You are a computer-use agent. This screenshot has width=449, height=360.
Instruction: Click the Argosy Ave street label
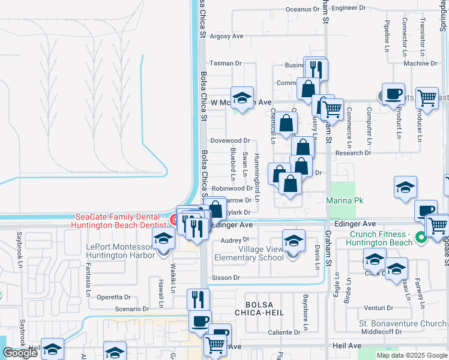226,36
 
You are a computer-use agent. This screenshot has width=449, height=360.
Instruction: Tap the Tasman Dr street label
225,63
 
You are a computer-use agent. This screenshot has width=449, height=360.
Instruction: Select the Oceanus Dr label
303,9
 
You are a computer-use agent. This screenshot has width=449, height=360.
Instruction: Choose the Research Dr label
353,152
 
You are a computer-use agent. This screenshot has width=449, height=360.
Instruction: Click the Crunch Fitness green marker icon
421,238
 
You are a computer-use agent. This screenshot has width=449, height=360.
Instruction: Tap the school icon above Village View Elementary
293,241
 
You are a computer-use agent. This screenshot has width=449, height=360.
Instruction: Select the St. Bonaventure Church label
403,323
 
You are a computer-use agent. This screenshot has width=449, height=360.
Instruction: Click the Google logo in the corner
20,353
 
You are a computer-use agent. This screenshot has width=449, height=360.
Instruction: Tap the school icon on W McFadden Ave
242,98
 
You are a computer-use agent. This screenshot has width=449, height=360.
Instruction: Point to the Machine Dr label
420,63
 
